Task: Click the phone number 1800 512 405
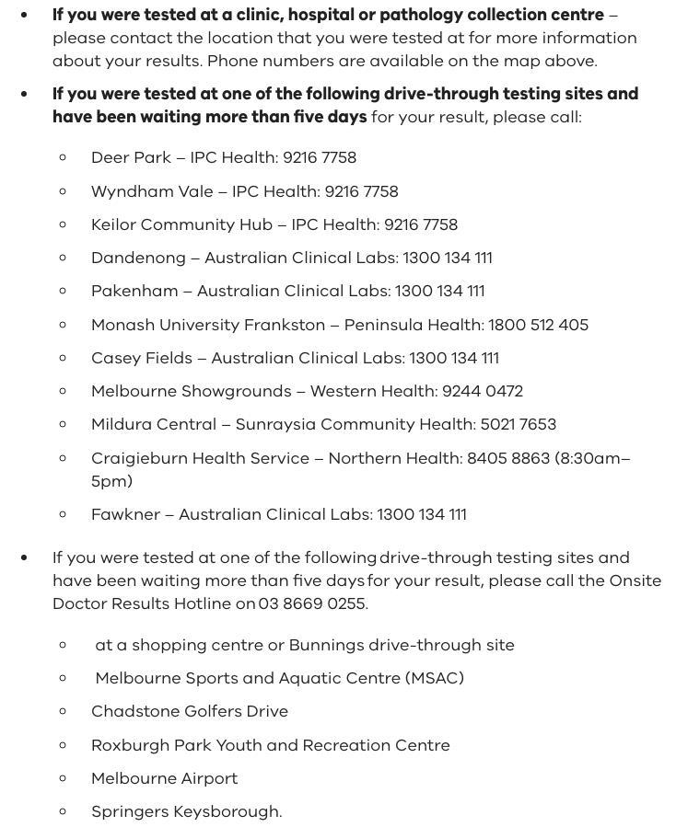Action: coord(538,325)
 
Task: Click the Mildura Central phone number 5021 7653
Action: coord(519,424)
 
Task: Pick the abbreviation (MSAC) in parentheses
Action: coord(434,678)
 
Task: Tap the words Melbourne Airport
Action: coord(164,778)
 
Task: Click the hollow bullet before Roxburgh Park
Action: coord(63,745)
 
